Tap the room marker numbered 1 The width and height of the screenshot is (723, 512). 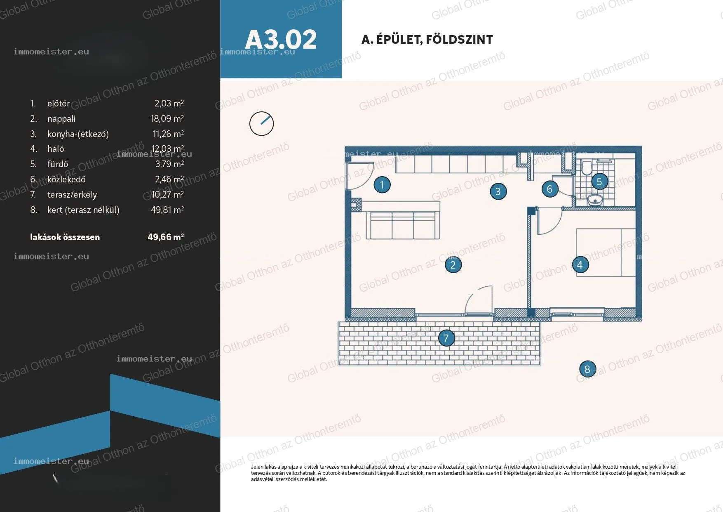[x=382, y=185]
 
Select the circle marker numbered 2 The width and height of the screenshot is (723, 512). [x=453, y=265]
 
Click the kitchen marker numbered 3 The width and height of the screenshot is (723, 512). [x=498, y=191]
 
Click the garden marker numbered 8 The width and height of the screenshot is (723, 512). [x=587, y=369]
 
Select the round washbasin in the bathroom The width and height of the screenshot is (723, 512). [x=595, y=200]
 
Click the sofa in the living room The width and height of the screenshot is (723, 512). [x=402, y=225]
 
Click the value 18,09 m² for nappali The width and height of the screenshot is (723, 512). [x=167, y=119]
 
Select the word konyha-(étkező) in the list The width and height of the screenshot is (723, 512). [x=78, y=134]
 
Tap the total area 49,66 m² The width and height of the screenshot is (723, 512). [x=166, y=237]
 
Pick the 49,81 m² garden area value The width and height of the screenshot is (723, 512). [x=167, y=210]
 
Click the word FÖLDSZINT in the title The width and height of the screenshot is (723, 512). [x=459, y=39]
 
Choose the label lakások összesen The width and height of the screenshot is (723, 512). [x=65, y=237]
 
